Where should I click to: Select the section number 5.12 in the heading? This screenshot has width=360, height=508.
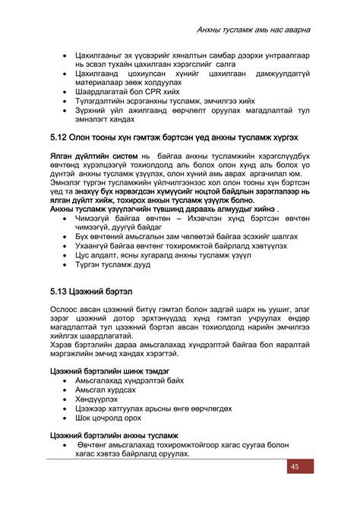point(59,140)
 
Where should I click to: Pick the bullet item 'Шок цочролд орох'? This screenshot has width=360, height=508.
point(109,417)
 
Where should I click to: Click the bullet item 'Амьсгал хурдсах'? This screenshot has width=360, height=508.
point(106,389)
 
